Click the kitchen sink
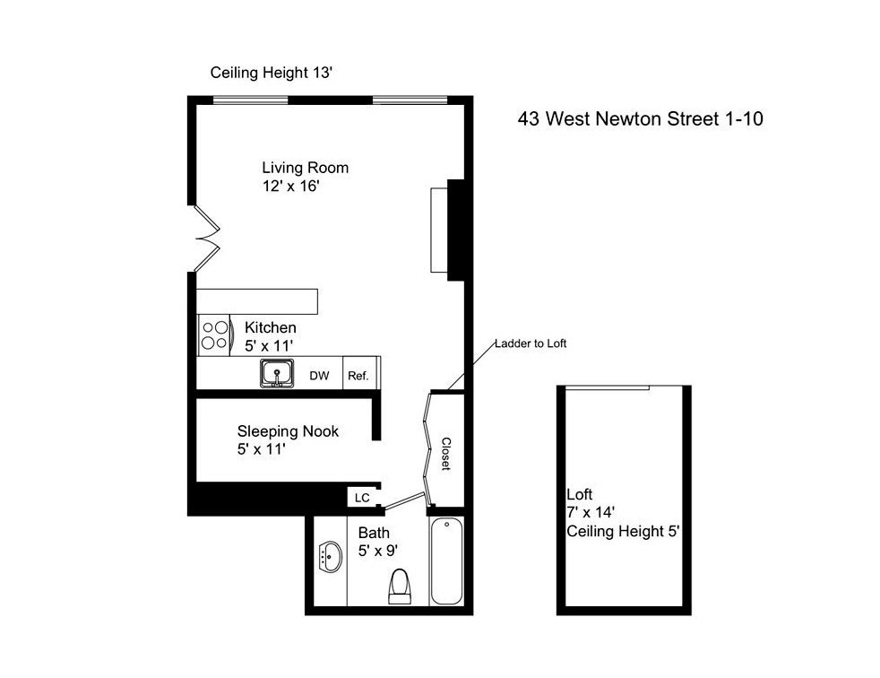coord(277,374)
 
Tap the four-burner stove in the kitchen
coord(214,335)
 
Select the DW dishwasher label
coord(319,376)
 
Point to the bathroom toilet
coord(400,587)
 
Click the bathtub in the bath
coord(447,561)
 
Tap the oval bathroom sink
coord(330,557)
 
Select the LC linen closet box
coord(363,497)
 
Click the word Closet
coord(445,454)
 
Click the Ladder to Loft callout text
coord(531,343)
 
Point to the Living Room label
coord(306,168)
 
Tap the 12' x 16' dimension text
coord(290,186)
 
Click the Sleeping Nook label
coord(288,431)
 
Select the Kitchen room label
coord(271,327)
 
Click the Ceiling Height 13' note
coord(272,73)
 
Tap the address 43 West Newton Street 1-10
coord(641,118)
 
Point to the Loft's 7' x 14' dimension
coord(591,512)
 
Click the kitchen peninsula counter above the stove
coord(257,301)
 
